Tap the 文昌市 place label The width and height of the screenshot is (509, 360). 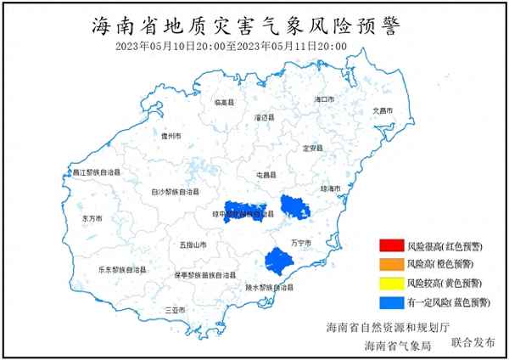click(x=383, y=111)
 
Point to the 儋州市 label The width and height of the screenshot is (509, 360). click(x=171, y=135)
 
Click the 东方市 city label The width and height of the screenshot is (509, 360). click(x=92, y=218)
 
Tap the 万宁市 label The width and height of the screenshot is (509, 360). click(x=302, y=244)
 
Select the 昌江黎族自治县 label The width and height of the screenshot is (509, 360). click(x=95, y=172)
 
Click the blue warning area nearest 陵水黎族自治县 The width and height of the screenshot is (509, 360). click(x=278, y=260)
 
